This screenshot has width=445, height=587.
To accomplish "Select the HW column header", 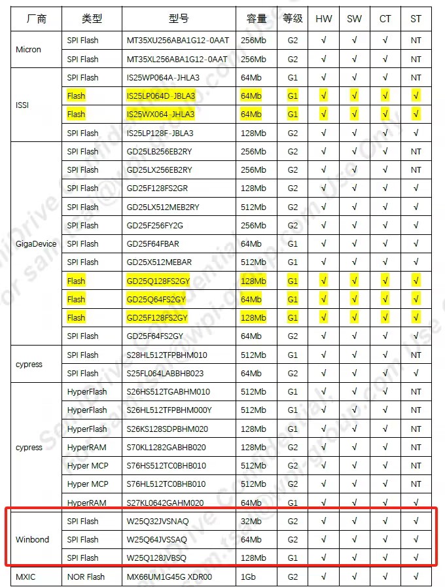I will point(323,19).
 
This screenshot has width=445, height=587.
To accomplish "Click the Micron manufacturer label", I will point(28,49).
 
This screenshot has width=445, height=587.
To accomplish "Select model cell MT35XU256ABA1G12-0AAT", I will point(177,40).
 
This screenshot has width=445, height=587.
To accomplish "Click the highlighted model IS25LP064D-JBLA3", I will point(160,96).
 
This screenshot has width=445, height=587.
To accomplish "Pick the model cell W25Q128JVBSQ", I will point(156,558).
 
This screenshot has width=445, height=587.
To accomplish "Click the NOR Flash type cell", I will point(86,577).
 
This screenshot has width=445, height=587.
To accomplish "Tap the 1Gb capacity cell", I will point(249,577).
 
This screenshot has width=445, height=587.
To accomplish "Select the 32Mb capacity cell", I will point(251,521).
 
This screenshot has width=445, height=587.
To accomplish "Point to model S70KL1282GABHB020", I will point(166,447).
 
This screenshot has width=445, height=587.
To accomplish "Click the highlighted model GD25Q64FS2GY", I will point(156,299).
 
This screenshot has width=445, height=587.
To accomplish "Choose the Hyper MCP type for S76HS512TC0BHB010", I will point(88,465).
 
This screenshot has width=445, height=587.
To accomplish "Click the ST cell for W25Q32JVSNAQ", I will point(416,521).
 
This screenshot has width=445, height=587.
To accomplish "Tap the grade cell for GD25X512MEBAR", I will point(293,262).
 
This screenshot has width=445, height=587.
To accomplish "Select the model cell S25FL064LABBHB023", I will point(166,373).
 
